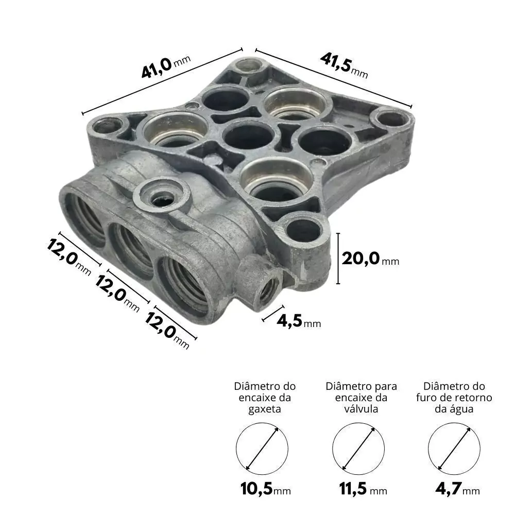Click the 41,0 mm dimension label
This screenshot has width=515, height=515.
click(x=166, y=67)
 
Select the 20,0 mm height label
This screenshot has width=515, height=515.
click(x=370, y=259)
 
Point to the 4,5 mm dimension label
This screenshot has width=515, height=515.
click(x=299, y=321)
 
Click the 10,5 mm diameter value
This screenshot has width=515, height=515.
click(x=265, y=489)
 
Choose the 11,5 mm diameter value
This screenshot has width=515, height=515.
click(x=363, y=489)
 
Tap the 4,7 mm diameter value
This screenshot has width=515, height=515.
click(x=457, y=489)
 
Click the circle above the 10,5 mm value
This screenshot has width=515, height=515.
click(x=262, y=423)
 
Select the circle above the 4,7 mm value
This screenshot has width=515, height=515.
click(x=454, y=423)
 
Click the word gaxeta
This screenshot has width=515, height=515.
click(x=265, y=409)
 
